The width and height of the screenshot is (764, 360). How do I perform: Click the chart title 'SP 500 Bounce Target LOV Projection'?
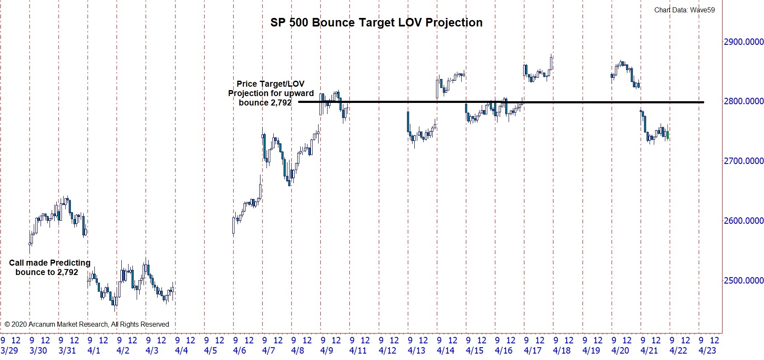(x=376, y=23)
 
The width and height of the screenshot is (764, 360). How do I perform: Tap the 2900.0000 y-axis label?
(x=743, y=42)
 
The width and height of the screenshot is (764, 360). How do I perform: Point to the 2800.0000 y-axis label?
(x=743, y=101)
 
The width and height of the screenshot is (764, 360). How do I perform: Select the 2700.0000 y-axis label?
(x=743, y=161)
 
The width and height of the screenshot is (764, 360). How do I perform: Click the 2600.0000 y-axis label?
(x=743, y=221)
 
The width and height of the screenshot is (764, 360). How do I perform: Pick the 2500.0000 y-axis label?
(x=743, y=281)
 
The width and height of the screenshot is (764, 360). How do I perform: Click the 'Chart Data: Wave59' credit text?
(x=684, y=10)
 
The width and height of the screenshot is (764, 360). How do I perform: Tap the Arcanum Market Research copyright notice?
(x=87, y=325)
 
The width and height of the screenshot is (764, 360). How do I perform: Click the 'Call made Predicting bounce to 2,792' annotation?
(x=49, y=267)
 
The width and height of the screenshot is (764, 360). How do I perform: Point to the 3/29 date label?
(x=9, y=351)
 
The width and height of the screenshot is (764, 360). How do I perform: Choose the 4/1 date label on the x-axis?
(x=94, y=351)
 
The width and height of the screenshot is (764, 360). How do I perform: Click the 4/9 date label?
(x=327, y=351)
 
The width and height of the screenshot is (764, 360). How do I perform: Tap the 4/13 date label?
(x=416, y=351)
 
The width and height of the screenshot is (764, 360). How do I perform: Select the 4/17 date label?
(x=533, y=351)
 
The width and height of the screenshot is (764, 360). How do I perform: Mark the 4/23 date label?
(x=707, y=351)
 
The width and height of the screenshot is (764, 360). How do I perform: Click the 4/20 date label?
(x=620, y=351)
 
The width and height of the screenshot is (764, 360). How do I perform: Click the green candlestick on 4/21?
(x=667, y=135)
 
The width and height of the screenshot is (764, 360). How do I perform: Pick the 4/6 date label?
(x=240, y=351)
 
